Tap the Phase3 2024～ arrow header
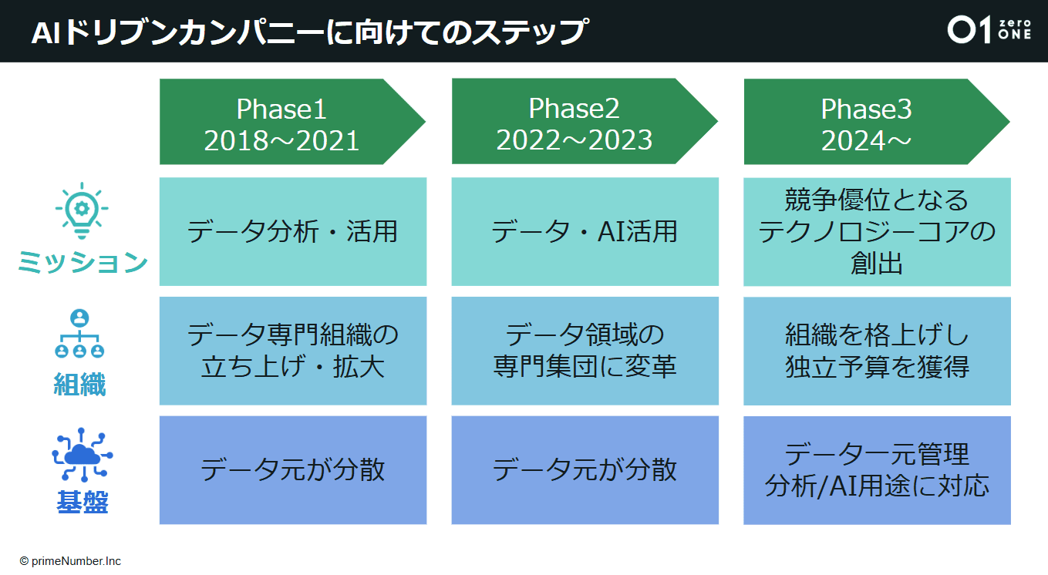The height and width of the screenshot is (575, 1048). click(867, 123)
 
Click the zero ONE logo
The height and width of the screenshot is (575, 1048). click(988, 30)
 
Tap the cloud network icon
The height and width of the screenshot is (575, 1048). click(80, 454)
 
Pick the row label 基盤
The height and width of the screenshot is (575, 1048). click(81, 503)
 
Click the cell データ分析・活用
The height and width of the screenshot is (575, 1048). click(293, 231)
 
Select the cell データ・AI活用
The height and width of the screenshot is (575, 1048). click(585, 231)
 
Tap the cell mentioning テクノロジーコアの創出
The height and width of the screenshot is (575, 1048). click(877, 231)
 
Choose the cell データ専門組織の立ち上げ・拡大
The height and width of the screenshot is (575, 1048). click(293, 351)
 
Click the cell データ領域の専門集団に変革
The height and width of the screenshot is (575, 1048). click(585, 351)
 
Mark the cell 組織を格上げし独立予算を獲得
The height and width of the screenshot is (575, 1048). click(877, 351)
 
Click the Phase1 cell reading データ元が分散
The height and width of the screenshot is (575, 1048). click(293, 470)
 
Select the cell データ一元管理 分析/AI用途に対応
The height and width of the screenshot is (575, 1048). click(877, 470)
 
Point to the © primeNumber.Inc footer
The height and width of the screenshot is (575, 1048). click(71, 561)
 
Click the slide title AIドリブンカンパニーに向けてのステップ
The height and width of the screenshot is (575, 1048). click(308, 32)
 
